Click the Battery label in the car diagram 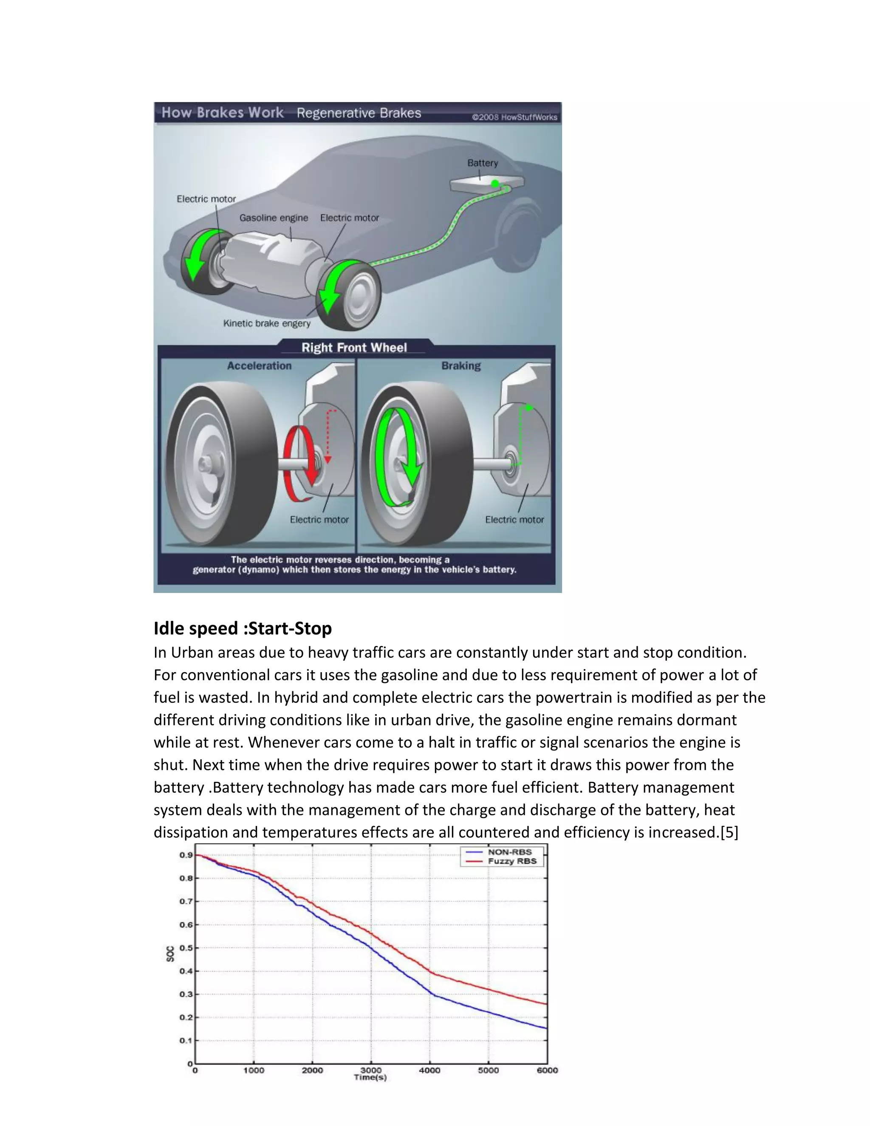point(483,163)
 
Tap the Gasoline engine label point(273,218)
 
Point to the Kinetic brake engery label point(266,323)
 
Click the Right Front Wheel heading point(354,348)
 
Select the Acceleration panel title point(259,365)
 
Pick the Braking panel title point(461,365)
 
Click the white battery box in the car point(486,184)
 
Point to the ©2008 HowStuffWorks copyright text point(514,117)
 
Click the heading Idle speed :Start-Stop point(242,628)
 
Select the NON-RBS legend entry point(509,852)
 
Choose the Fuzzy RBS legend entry point(512,861)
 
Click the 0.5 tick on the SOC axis point(186,948)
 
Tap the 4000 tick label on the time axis point(429,1070)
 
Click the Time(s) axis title point(370,1078)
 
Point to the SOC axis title point(170,954)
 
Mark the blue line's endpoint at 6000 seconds point(547,1028)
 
